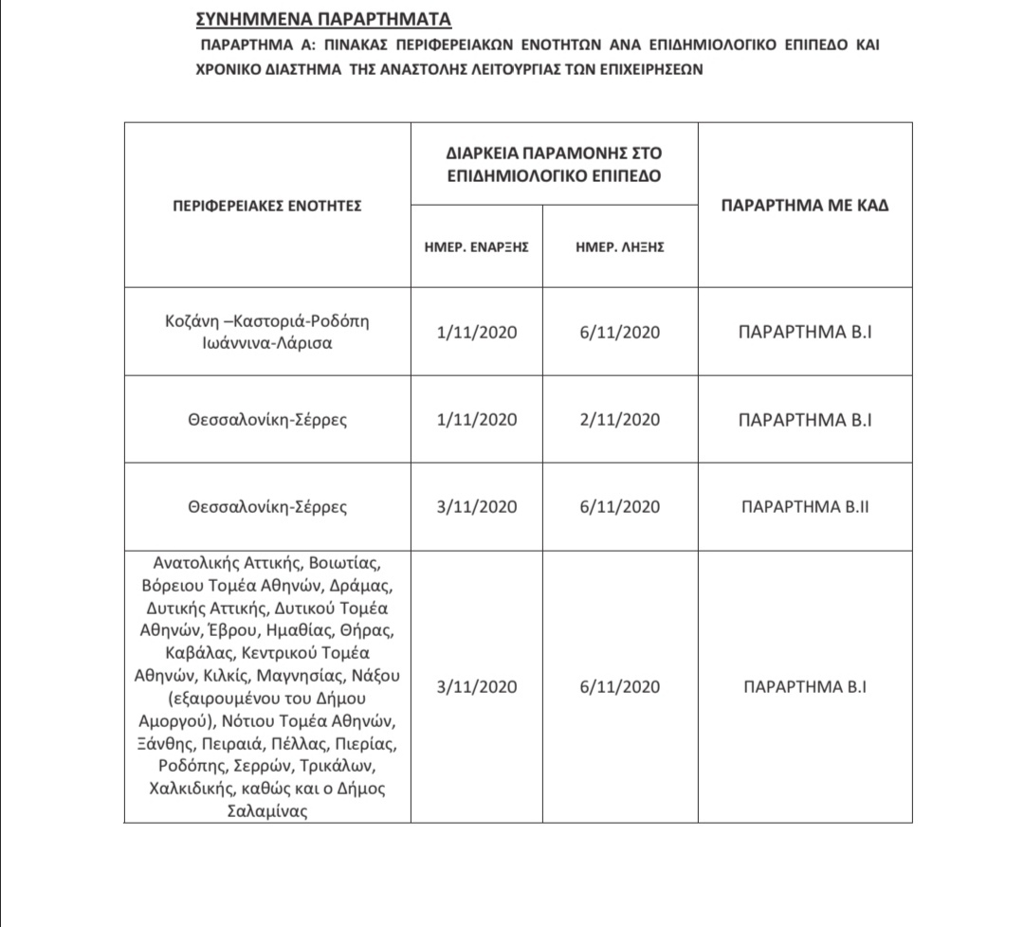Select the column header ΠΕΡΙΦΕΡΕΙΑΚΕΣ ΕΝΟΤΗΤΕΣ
click(x=266, y=205)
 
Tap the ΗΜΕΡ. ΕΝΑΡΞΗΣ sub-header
click(x=476, y=245)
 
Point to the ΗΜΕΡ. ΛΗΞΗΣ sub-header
click(x=619, y=245)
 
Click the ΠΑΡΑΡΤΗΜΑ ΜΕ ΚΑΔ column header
click(x=804, y=205)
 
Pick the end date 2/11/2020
click(x=619, y=419)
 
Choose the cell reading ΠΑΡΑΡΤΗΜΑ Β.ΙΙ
click(x=804, y=507)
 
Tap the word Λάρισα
click(x=304, y=343)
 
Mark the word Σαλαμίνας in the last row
click(x=267, y=812)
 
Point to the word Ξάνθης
click(x=166, y=743)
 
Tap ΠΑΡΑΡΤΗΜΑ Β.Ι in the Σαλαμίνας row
click(x=804, y=687)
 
